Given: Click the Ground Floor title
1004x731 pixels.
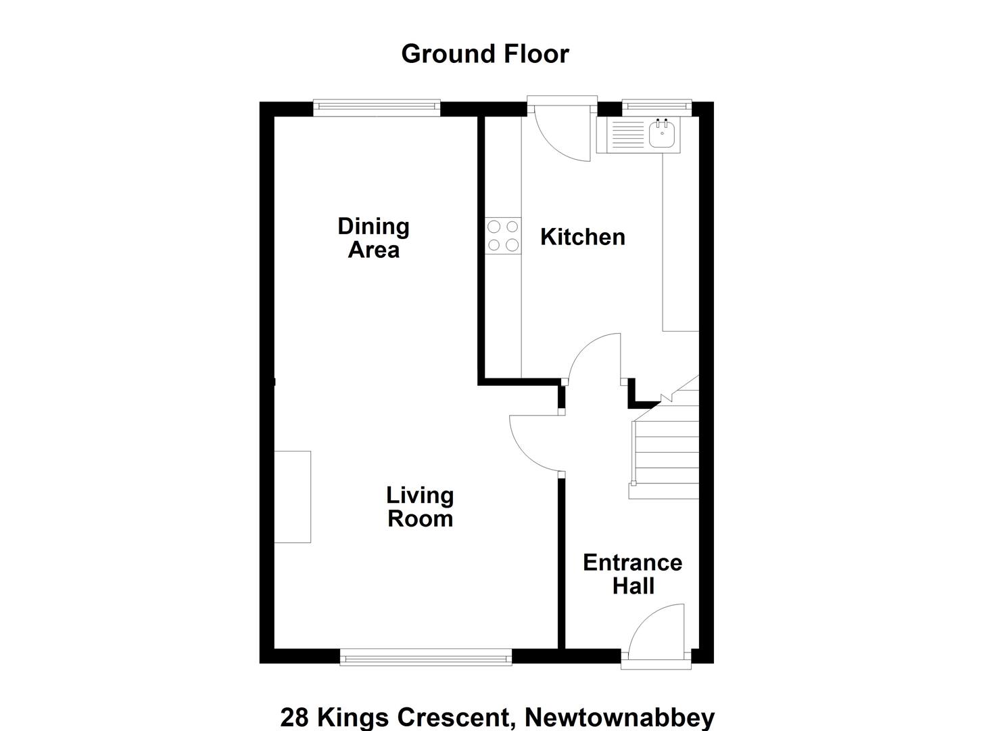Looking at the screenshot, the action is point(485,55).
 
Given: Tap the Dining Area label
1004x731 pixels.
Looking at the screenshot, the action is point(373,238).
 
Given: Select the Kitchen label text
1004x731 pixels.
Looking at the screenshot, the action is point(583,238).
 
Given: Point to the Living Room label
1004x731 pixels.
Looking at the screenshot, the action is point(420,507).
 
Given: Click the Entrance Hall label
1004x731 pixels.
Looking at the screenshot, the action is point(632,575).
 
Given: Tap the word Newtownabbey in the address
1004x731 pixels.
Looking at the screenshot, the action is point(619,717).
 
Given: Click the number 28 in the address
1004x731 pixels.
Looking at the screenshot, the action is point(295,717).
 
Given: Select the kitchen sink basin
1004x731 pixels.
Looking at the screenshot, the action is point(662,135).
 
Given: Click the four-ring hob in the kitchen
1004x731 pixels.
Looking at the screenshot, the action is point(503,236).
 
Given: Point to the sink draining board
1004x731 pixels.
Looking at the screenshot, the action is point(627,135).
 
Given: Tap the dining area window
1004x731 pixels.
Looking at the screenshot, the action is point(377,107).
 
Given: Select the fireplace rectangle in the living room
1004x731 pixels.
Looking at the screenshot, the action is point(292,497).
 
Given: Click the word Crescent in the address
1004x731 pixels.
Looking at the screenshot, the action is point(454,717).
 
